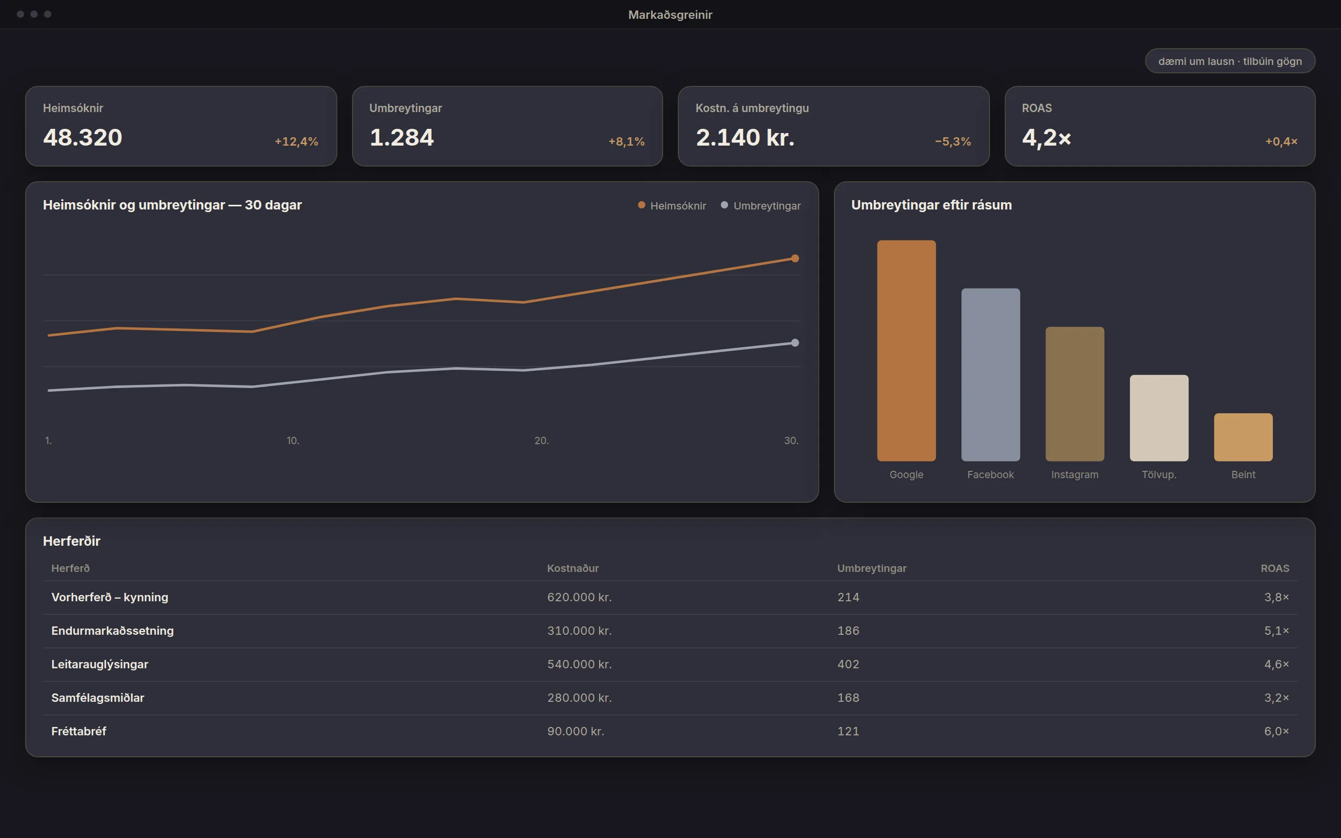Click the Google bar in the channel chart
pyautogui.click(x=906, y=350)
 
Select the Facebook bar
pyautogui.click(x=990, y=374)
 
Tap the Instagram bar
pyautogui.click(x=1074, y=394)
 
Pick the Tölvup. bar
pyautogui.click(x=1159, y=418)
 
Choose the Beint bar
pyautogui.click(x=1243, y=437)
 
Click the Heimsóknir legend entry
pyautogui.click(x=672, y=206)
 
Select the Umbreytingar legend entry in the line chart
pyautogui.click(x=760, y=206)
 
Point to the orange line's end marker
pyautogui.click(x=795, y=258)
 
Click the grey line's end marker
pyautogui.click(x=795, y=343)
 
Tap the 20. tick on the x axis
pyautogui.click(x=542, y=440)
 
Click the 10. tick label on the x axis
pyautogui.click(x=293, y=440)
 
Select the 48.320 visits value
pyautogui.click(x=83, y=137)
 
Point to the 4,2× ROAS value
pyautogui.click(x=1046, y=138)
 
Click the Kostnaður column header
pyautogui.click(x=573, y=568)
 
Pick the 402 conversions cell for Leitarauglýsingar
pyautogui.click(x=848, y=664)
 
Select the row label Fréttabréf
pyautogui.click(x=79, y=731)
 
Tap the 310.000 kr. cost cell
pyautogui.click(x=579, y=631)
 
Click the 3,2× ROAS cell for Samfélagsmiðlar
pyautogui.click(x=1276, y=698)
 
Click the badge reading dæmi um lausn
pyautogui.click(x=1229, y=61)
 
